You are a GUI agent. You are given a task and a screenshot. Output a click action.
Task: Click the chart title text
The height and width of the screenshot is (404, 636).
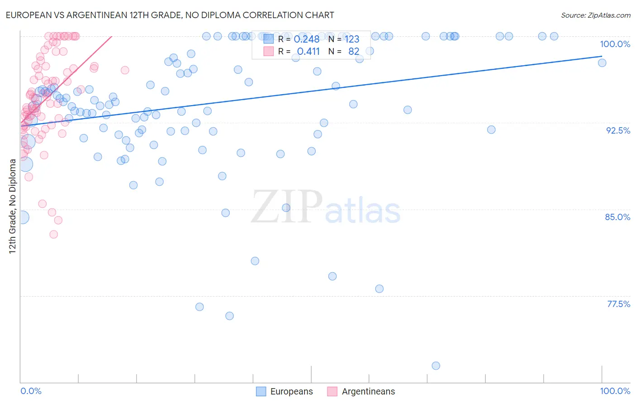170,15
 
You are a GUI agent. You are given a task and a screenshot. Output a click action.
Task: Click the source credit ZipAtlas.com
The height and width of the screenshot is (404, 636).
595,15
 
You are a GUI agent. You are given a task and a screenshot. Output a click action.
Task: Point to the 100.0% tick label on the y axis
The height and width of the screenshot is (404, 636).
615,44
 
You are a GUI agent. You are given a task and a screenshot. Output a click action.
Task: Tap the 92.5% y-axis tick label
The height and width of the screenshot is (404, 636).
618,130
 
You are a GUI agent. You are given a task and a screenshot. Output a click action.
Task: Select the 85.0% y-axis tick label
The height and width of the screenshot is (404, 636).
617,217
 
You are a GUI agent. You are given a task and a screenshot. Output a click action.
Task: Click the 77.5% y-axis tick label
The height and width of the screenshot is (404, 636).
618,304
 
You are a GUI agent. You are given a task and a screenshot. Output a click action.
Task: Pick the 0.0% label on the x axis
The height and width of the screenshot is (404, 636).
31,391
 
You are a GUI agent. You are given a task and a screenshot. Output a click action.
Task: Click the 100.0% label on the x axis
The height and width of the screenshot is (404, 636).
615,391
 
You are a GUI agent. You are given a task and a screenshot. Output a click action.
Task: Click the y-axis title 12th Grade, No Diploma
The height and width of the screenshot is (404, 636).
13,206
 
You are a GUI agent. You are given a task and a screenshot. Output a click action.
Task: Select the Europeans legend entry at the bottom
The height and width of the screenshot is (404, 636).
285,391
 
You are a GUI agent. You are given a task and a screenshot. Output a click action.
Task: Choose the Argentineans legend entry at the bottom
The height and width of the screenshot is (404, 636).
361,391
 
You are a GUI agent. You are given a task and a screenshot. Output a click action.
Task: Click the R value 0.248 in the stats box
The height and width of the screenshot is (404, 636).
306,39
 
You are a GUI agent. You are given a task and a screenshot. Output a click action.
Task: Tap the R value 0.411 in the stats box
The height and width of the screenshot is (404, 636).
308,52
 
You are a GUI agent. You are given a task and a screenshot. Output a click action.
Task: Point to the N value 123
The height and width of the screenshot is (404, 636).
352,39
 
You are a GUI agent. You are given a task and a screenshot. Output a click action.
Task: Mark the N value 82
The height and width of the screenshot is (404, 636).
353,52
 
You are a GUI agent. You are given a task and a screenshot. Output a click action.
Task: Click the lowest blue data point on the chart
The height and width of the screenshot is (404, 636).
436,366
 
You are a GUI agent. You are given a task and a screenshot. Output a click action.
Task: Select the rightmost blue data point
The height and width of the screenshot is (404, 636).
602,63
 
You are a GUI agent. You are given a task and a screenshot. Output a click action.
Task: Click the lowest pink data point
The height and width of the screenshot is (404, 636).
53,234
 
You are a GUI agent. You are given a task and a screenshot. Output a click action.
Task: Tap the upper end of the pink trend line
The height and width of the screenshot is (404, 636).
111,36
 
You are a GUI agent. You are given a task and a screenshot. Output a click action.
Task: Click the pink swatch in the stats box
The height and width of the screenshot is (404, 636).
268,52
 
